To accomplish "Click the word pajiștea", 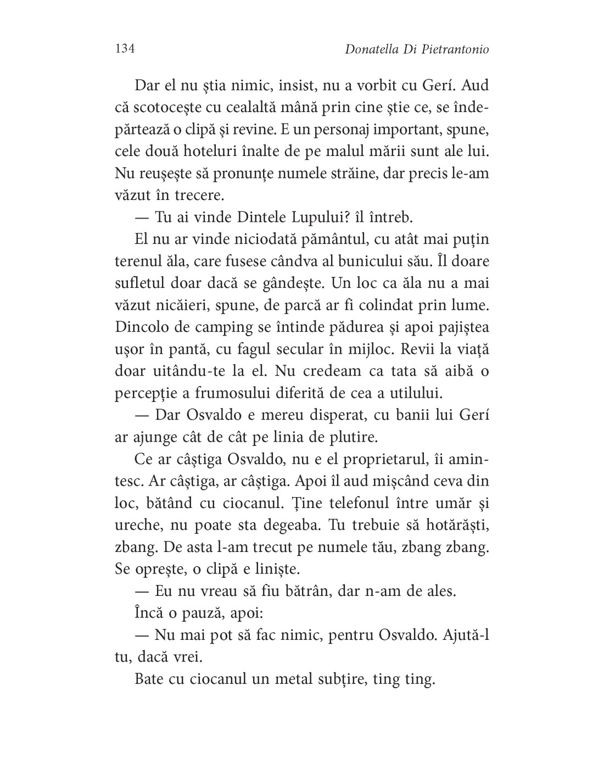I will (x=453, y=327).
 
